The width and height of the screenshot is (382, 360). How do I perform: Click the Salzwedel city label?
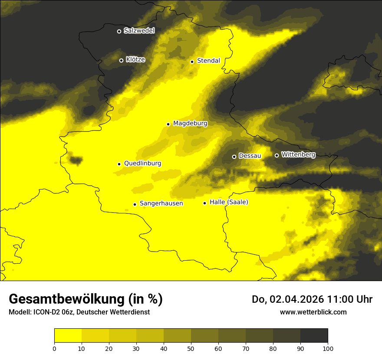[139, 31]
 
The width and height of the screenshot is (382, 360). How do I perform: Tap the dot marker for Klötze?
[122, 60]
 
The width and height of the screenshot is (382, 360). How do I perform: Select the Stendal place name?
[208, 61]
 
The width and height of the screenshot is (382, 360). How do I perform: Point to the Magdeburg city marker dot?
[168, 124]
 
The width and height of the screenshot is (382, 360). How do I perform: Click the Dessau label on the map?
[250, 156]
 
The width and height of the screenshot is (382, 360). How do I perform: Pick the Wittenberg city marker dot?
[277, 155]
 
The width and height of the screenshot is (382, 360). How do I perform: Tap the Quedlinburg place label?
[142, 164]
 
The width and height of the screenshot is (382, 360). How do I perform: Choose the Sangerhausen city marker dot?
[135, 204]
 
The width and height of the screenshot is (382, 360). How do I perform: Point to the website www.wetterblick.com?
[313, 312]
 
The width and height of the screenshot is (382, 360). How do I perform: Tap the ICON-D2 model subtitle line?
[79, 312]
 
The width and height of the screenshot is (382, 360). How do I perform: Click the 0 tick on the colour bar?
[54, 348]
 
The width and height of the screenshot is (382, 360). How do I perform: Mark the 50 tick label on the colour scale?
[191, 348]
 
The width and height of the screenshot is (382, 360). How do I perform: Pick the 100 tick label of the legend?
[328, 348]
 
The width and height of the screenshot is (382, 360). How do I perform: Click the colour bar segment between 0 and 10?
[68, 336]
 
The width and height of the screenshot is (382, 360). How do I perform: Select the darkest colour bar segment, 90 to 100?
[314, 336]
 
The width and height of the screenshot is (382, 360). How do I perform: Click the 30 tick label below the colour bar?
[136, 348]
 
